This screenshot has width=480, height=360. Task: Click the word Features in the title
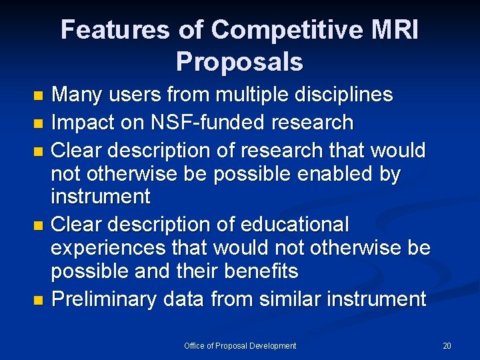115,30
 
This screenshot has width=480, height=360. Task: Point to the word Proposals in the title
239,61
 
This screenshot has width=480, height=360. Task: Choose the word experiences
108,248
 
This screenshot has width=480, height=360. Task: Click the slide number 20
447,345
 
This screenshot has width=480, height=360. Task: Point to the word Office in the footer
195,345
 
